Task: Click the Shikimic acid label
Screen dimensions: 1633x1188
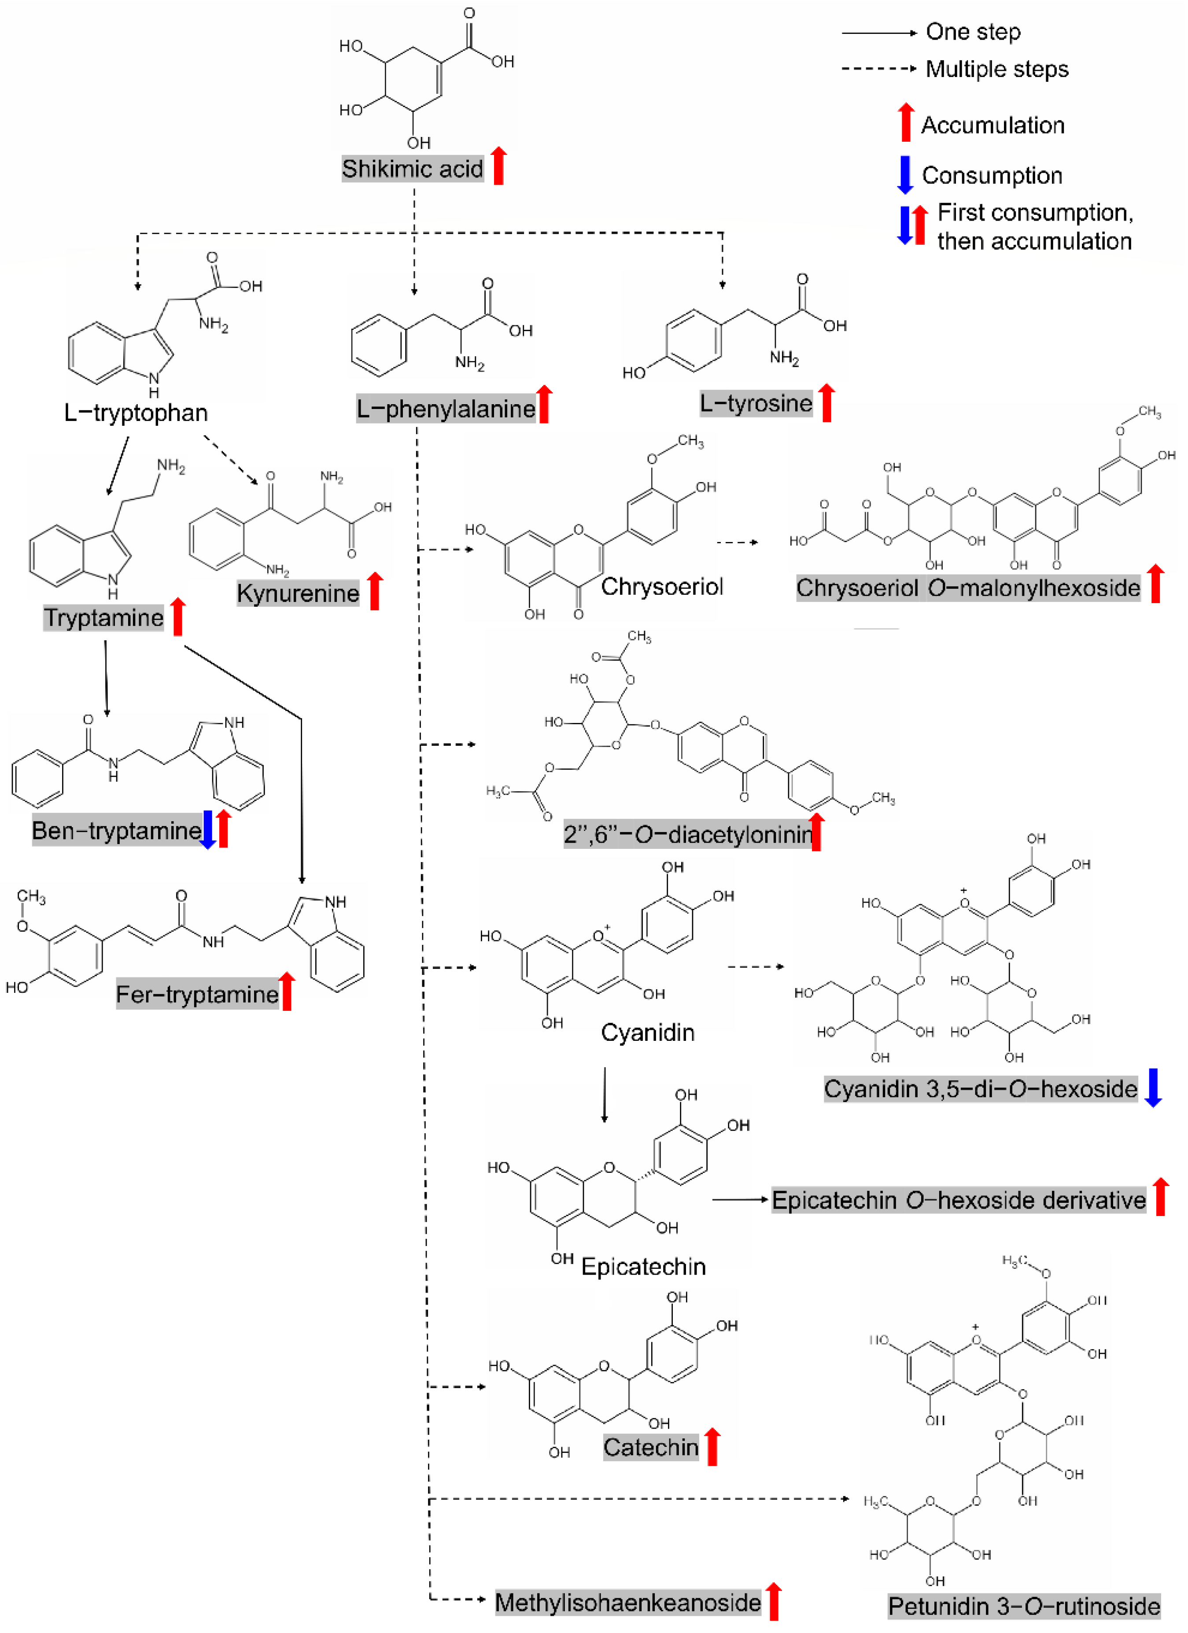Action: pos(412,169)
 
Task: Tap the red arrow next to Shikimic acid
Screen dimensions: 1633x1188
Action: pos(498,166)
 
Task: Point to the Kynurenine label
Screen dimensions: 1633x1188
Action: pos(297,593)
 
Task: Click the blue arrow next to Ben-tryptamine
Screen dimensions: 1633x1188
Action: pos(207,829)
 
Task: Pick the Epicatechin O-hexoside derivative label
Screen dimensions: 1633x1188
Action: pos(958,1200)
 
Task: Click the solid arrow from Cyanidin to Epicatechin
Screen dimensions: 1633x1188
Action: pos(604,1095)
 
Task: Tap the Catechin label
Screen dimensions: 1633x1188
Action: pos(651,1447)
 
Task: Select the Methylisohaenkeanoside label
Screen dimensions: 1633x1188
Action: pos(627,1603)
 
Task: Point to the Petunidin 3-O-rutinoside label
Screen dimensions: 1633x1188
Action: pos(1023,1606)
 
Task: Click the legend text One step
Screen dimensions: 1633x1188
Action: pos(973,32)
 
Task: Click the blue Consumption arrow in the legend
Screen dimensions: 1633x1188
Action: pos(905,175)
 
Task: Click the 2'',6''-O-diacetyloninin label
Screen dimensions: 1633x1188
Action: pos(688,834)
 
